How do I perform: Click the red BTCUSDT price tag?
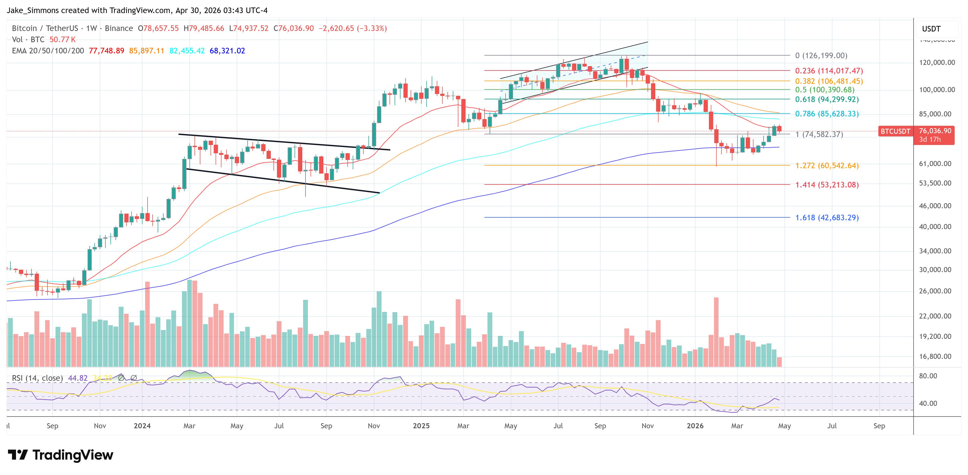[895, 131]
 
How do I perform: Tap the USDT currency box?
[931, 29]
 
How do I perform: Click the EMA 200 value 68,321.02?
[227, 51]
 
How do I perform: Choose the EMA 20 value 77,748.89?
[106, 51]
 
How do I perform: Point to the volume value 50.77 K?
[62, 40]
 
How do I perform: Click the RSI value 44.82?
[78, 378]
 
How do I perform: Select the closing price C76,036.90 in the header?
[293, 28]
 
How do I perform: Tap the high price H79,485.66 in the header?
[204, 28]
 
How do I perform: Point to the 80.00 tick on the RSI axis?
[928, 376]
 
